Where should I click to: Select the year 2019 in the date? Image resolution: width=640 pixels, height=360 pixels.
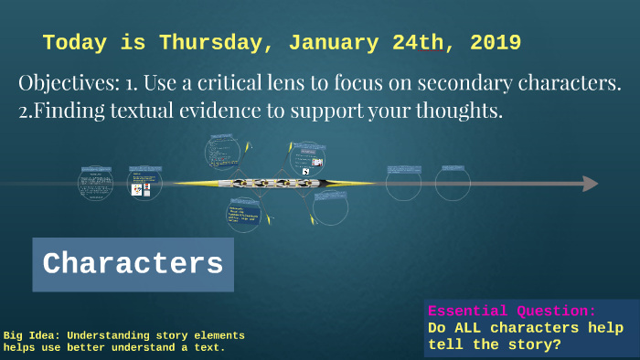tap(491, 43)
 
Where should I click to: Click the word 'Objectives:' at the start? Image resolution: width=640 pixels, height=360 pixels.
tap(68, 83)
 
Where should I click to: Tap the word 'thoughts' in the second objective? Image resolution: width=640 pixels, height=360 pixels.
tap(460, 112)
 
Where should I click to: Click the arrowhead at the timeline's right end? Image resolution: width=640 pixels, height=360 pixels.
tap(591, 184)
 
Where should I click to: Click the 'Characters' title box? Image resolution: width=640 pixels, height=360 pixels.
tap(133, 265)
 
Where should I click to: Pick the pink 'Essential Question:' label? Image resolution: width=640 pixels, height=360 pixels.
tap(512, 311)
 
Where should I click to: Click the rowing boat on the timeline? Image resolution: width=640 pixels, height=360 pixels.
tap(274, 184)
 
